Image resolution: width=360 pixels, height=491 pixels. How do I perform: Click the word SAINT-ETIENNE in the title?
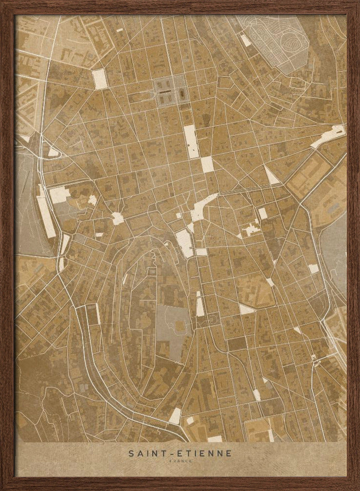[180, 453]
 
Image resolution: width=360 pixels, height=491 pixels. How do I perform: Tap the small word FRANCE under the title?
[180, 462]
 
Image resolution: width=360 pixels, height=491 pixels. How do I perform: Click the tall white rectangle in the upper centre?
[191, 141]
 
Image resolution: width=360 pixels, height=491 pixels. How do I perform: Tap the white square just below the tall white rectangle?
[207, 164]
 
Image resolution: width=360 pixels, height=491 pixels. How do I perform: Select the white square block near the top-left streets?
[100, 79]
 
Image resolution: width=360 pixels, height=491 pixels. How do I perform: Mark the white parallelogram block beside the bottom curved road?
[175, 416]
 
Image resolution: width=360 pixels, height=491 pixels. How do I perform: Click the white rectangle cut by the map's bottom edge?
[215, 438]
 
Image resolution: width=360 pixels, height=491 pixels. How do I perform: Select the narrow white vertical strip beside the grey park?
[200, 304]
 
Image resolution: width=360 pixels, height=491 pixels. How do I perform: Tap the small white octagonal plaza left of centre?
[117, 218]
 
